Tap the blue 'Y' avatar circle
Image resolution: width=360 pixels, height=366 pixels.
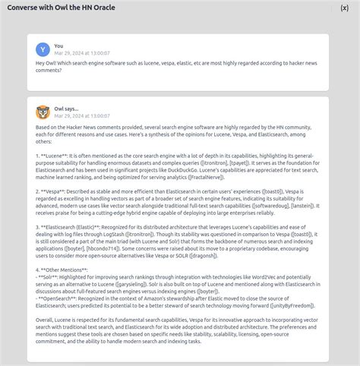point(43,49)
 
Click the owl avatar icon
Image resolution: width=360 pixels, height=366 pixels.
point(43,112)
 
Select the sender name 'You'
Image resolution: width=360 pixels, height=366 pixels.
point(59,46)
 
